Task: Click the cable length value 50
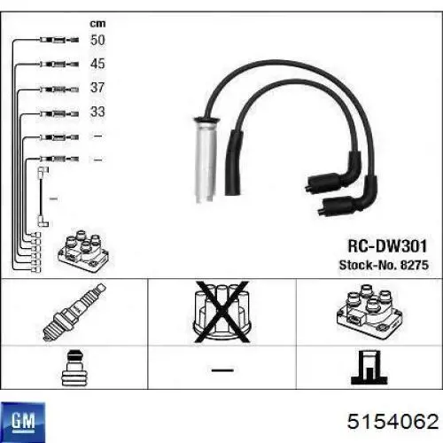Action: click(x=97, y=40)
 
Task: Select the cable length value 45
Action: click(x=97, y=64)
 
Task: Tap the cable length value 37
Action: click(x=97, y=88)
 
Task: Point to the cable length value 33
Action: click(x=97, y=112)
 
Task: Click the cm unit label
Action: click(x=97, y=24)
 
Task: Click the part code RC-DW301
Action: click(x=387, y=246)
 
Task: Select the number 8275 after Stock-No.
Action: click(x=414, y=265)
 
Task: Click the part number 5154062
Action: click(x=393, y=422)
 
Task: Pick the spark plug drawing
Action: click(x=74, y=312)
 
